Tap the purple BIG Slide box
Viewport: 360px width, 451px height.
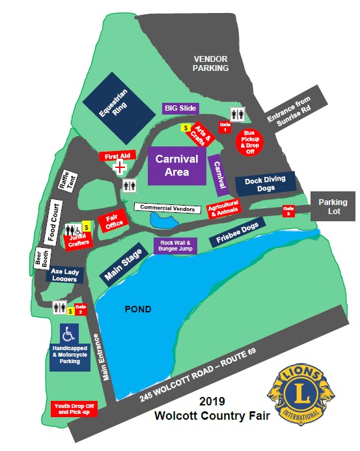click(180, 108)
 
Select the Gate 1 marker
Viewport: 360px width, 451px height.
click(225, 126)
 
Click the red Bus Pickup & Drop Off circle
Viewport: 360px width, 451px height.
click(251, 141)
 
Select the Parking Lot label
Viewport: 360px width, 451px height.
click(333, 206)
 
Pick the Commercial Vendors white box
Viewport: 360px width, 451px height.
click(168, 208)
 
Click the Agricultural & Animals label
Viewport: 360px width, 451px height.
click(223, 208)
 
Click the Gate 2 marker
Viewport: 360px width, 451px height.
click(80, 309)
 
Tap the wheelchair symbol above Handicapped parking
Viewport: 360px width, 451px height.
click(68, 334)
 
